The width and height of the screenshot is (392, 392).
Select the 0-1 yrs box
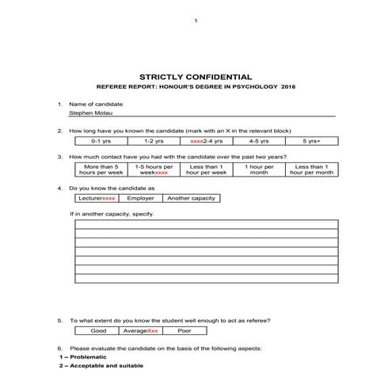pyautogui.click(x=101, y=141)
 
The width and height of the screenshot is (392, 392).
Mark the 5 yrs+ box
pyautogui.click(x=312, y=141)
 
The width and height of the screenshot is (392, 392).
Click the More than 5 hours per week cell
pyautogui.click(x=101, y=170)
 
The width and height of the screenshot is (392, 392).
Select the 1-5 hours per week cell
pyautogui.click(x=154, y=170)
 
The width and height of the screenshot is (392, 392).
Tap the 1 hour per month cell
pyautogui.click(x=259, y=170)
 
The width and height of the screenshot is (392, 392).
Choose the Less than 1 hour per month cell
pyautogui.click(x=312, y=170)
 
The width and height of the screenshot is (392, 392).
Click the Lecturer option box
pyautogui.click(x=97, y=198)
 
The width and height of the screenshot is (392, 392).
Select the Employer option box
pyautogui.click(x=140, y=198)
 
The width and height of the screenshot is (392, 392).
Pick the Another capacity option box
pyautogui.click(x=190, y=198)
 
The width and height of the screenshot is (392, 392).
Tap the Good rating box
pyautogui.click(x=98, y=331)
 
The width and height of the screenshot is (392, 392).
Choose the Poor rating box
pyautogui.click(x=184, y=331)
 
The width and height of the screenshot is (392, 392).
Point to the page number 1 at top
pyautogui.click(x=196, y=20)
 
